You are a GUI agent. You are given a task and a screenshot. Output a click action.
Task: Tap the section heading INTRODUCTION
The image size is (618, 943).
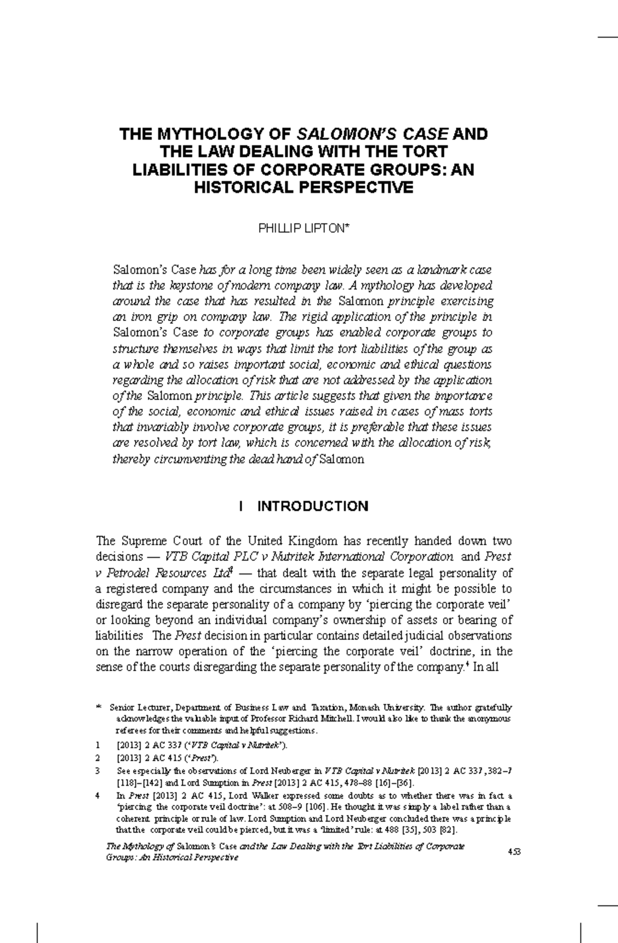click(x=313, y=507)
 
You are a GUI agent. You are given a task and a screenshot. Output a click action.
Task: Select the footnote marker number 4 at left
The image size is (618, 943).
click(x=98, y=795)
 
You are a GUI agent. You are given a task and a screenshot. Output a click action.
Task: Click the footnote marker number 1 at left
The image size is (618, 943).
click(x=98, y=745)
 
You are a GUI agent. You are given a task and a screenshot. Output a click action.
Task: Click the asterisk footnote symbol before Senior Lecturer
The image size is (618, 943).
click(x=99, y=708)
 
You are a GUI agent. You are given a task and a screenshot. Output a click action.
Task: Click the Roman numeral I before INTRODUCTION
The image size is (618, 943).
click(x=241, y=507)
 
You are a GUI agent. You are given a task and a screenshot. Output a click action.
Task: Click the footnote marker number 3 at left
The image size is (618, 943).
click(x=98, y=771)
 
